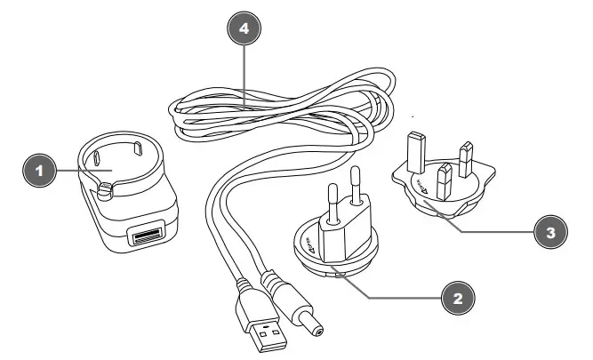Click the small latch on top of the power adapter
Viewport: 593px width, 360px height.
(x=107, y=188)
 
